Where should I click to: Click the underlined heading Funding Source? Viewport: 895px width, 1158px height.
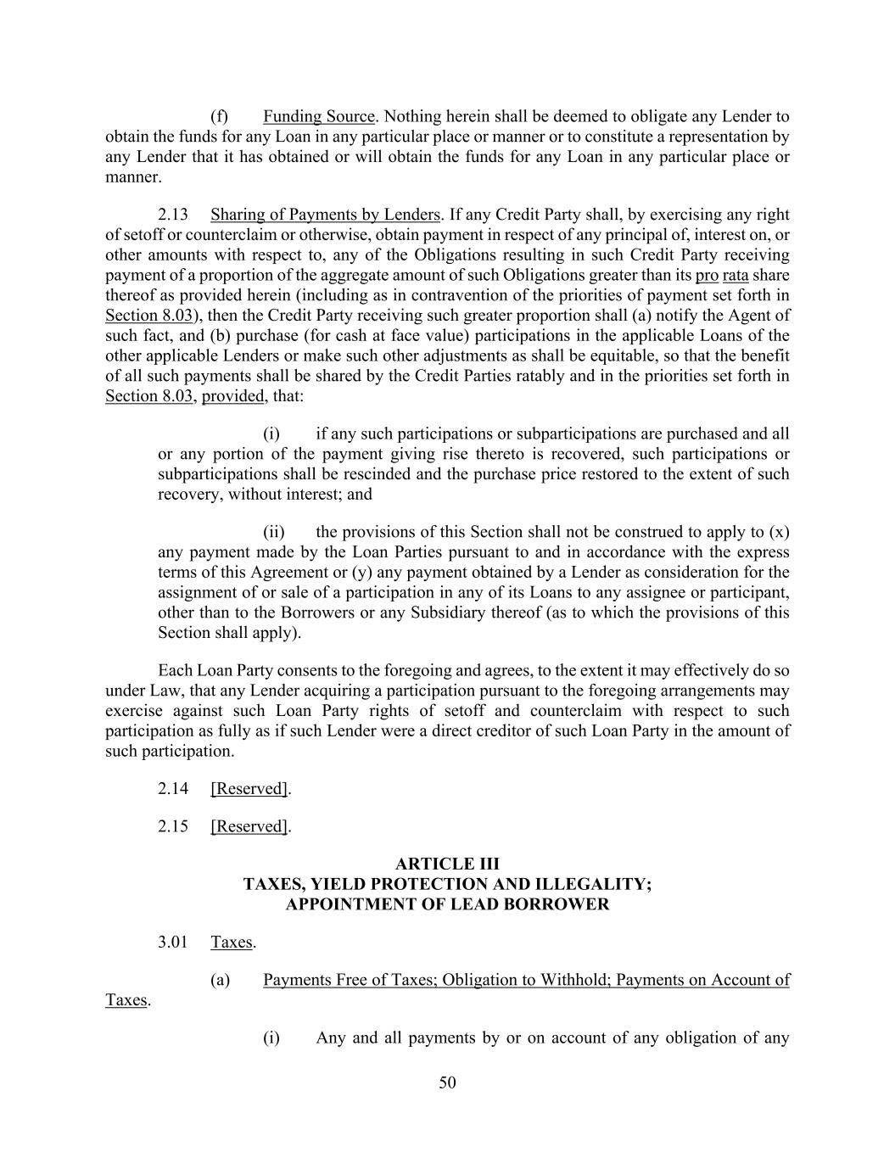[x=318, y=117]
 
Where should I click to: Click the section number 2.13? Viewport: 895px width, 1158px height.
[x=172, y=215]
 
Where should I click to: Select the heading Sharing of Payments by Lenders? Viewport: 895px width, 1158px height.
[x=325, y=215]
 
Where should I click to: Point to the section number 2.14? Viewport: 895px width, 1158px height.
[x=172, y=789]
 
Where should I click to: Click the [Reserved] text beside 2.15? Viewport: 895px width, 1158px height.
[x=249, y=826]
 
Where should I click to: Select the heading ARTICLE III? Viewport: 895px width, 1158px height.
[x=447, y=864]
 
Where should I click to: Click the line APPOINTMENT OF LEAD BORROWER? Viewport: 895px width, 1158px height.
[x=447, y=904]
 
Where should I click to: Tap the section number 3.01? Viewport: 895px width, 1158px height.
[x=172, y=943]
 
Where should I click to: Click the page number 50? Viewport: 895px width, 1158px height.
[x=447, y=1082]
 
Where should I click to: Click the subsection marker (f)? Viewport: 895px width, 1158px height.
[x=219, y=117]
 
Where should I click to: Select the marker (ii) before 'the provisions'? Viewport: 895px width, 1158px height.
[x=273, y=533]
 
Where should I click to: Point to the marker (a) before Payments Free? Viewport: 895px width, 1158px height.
[x=220, y=981]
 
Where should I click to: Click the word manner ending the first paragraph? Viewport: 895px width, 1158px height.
[x=131, y=177]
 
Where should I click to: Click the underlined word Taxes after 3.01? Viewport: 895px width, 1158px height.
[x=232, y=943]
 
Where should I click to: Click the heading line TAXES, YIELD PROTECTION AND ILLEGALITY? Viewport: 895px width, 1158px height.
[x=447, y=884]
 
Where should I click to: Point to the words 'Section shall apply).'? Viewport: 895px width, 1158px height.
[x=229, y=633]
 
